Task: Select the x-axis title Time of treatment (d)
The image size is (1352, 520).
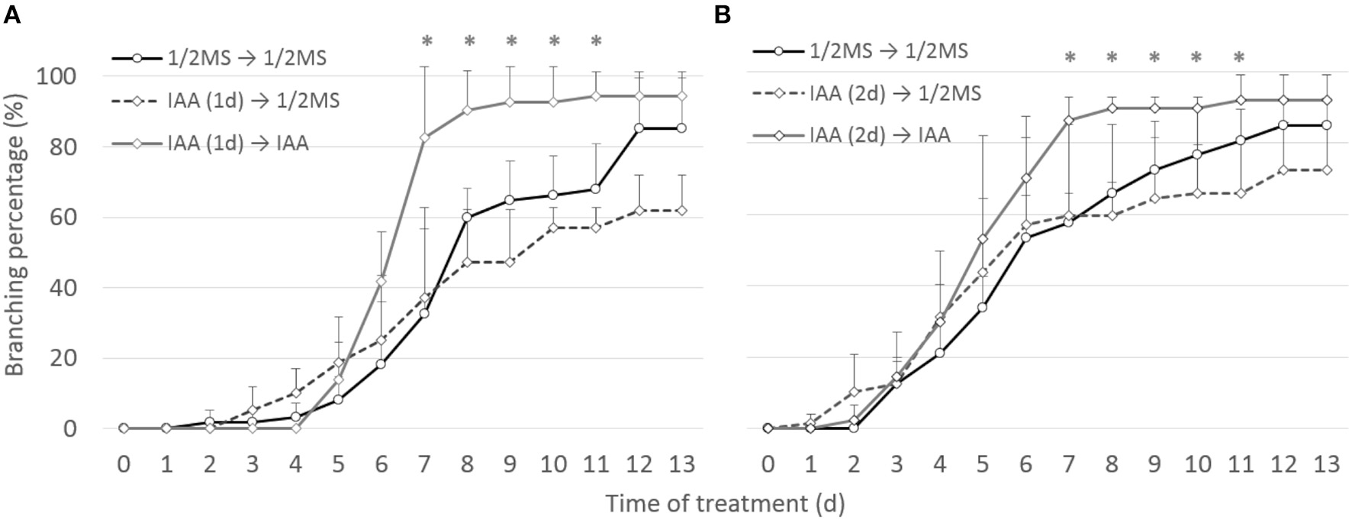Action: pyautogui.click(x=725, y=503)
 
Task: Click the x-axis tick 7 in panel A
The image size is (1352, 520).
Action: pyautogui.click(x=424, y=464)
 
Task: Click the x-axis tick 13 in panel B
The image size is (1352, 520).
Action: pyautogui.click(x=1327, y=464)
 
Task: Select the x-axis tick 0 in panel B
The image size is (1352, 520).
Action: pyautogui.click(x=768, y=464)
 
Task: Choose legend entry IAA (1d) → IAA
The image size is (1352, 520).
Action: pyautogui.click(x=237, y=143)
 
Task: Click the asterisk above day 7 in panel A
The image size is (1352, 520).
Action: pyautogui.click(x=427, y=40)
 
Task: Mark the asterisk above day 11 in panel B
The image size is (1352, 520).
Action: pyautogui.click(x=1239, y=57)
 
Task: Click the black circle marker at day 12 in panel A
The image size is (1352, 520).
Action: pyautogui.click(x=639, y=128)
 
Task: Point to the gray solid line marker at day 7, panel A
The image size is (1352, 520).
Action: pyautogui.click(x=425, y=137)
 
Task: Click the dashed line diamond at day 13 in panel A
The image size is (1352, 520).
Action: pyautogui.click(x=681, y=210)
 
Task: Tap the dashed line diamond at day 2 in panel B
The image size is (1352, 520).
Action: pyautogui.click(x=853, y=392)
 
